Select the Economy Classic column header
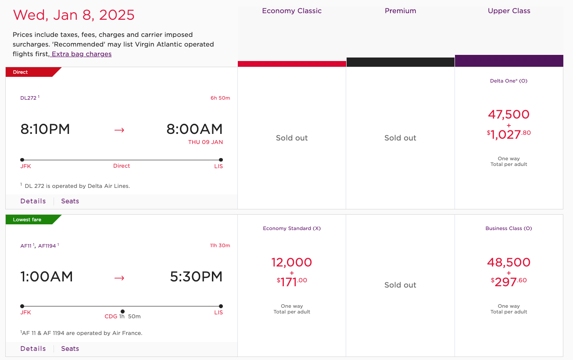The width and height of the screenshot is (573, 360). pos(292,11)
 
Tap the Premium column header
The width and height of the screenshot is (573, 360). pos(400,11)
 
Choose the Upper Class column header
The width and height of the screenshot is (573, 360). pos(509,11)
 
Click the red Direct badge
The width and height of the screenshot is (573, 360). pos(21,72)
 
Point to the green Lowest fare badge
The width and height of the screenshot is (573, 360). pos(27,220)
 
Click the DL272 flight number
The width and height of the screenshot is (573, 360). pos(29,98)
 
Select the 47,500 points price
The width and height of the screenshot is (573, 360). pos(509,115)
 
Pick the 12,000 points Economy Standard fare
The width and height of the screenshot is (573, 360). pos(292,263)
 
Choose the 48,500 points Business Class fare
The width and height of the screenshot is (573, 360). pos(509,263)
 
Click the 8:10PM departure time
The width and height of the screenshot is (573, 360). pos(45,129)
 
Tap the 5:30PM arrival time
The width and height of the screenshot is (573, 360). pos(196,277)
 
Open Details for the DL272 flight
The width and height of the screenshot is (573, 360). pos(33,201)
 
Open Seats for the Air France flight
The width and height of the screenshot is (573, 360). pos(70,349)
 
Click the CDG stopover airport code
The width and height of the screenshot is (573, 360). pos(111,317)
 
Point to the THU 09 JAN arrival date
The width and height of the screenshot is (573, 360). pos(205,142)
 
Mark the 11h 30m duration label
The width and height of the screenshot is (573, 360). pos(220,245)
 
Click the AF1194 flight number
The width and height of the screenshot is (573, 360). pos(47,246)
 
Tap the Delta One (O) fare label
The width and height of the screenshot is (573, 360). pos(509,81)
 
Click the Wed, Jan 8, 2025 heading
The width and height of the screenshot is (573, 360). pos(74,15)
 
